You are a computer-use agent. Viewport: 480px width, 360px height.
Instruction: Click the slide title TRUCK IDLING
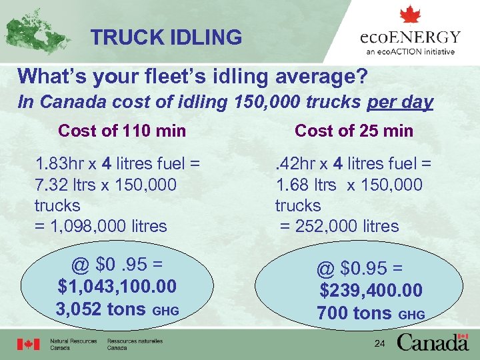pyautogui.click(x=166, y=37)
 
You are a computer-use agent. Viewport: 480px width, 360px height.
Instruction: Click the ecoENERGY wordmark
pyautogui.click(x=410, y=37)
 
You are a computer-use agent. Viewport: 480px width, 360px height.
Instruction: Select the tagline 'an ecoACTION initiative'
pyautogui.click(x=410, y=51)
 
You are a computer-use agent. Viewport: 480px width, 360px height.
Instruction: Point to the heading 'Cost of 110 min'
pyautogui.click(x=122, y=131)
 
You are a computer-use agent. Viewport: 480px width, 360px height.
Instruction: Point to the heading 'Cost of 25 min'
pyautogui.click(x=354, y=131)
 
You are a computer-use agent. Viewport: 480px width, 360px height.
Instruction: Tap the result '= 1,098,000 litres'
pyautogui.click(x=101, y=226)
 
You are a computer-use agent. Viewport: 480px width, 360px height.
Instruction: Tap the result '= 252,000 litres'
pyautogui.click(x=339, y=226)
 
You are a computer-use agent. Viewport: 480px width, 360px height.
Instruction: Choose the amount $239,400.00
pyautogui.click(x=371, y=291)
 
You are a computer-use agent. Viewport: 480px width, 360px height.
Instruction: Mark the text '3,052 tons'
pyautogui.click(x=101, y=309)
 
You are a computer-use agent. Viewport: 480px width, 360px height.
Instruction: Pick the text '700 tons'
pyautogui.click(x=355, y=312)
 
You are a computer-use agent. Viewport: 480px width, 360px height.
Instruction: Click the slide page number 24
pyautogui.click(x=379, y=343)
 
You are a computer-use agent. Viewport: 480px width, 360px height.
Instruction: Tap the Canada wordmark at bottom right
pyautogui.click(x=433, y=342)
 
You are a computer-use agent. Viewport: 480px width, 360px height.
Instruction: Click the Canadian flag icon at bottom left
pyautogui.click(x=29, y=344)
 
